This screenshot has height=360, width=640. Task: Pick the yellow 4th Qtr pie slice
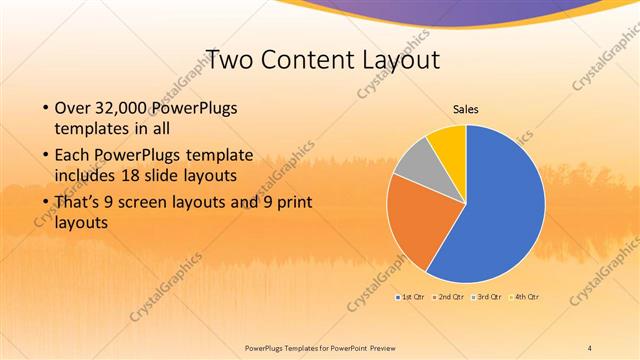point(448,142)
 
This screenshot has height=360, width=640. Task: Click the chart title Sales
point(466,108)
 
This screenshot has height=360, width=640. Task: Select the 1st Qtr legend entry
point(411,297)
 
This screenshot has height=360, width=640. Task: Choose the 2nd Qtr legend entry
point(449,297)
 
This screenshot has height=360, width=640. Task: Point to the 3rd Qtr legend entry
point(488,297)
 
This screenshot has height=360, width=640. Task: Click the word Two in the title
point(225,59)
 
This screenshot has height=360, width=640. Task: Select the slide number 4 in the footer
point(589,347)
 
